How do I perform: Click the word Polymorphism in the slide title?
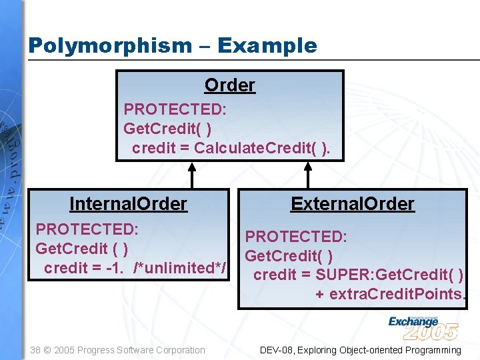pos(109,46)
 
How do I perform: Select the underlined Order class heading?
pos(229,85)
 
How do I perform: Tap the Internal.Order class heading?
pos(128,204)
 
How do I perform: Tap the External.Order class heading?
pos(352,204)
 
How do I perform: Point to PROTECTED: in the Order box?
pos(175,109)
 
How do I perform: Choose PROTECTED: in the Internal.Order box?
pos(87,229)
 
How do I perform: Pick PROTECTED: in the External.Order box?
pos(296,237)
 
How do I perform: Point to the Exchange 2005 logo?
pos(423,327)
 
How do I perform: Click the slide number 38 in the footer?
pos(35,350)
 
